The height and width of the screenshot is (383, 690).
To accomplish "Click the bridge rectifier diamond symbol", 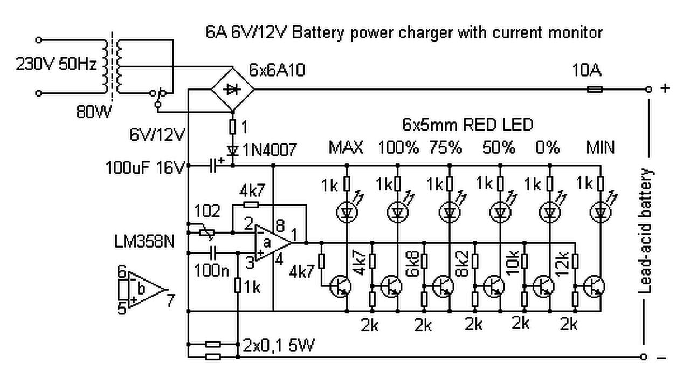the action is (x=233, y=90).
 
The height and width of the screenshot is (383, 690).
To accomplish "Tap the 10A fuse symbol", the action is (x=595, y=90).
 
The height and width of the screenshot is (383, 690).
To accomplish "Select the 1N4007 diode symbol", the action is (x=233, y=151).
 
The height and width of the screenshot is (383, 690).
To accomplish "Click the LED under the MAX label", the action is (x=347, y=212).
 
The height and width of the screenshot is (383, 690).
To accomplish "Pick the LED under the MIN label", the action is (x=601, y=212).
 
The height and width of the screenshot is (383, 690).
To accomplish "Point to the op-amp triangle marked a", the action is (x=273, y=243).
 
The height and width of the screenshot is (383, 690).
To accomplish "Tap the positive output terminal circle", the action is (x=648, y=90).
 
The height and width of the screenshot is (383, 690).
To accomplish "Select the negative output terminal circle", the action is (x=644, y=357).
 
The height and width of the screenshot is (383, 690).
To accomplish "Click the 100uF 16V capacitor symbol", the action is (x=213, y=166).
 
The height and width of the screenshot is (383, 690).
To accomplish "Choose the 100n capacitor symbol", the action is (x=213, y=253).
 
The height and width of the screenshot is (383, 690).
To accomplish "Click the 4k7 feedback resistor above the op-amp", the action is (x=251, y=204).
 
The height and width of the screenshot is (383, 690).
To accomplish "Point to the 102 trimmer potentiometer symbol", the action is (x=206, y=232).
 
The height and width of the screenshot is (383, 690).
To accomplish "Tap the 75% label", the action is (x=446, y=147).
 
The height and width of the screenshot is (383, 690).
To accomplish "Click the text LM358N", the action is (x=144, y=241).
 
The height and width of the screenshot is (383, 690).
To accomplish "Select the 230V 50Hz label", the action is (x=57, y=64).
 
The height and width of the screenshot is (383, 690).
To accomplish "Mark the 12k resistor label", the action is (x=562, y=264).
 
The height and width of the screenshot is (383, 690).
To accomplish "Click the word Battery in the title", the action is (x=318, y=33).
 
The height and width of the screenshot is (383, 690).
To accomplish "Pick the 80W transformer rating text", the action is (x=94, y=112).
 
